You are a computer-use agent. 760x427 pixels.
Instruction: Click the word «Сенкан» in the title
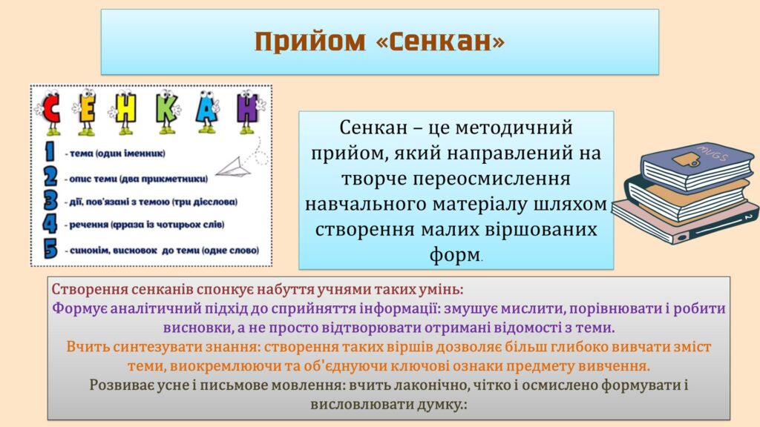[x=441, y=41]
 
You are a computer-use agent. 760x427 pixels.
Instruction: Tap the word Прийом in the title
[x=309, y=42]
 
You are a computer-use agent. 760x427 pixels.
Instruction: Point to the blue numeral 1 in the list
[x=50, y=151]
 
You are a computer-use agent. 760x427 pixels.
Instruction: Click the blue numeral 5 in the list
[x=50, y=248]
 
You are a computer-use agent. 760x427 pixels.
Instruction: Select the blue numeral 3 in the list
[x=50, y=200]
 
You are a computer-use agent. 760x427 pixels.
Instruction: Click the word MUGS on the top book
[x=712, y=152]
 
